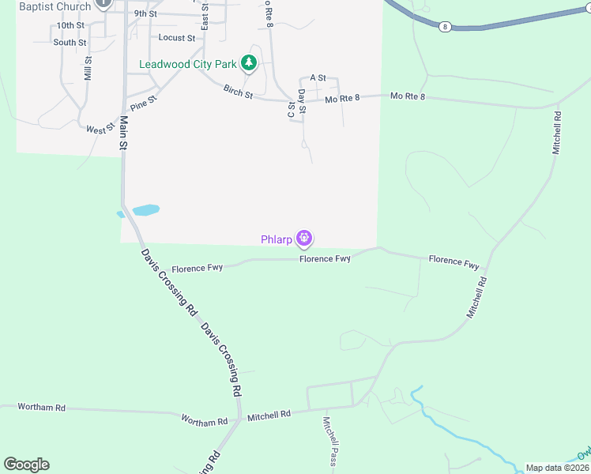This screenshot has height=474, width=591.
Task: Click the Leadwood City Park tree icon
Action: click(250, 62)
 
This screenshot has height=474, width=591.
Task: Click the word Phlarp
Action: click(277, 239)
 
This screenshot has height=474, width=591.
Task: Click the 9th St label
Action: click(145, 14)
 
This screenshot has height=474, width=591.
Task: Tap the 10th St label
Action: click(70, 25)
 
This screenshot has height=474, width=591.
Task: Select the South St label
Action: click(70, 43)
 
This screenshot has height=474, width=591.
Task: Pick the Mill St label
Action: click(88, 69)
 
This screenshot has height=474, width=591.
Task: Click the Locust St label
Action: click(176, 37)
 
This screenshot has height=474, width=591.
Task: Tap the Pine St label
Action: click(145, 103)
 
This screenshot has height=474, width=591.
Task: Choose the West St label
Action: click(100, 129)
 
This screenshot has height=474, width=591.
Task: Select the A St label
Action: click(318, 77)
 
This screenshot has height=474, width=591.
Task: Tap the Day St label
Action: click(302, 105)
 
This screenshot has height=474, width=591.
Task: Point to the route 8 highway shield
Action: click(445, 26)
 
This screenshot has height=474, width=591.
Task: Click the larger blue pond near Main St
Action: click(146, 209)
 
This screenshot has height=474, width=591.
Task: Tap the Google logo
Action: click(26, 465)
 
